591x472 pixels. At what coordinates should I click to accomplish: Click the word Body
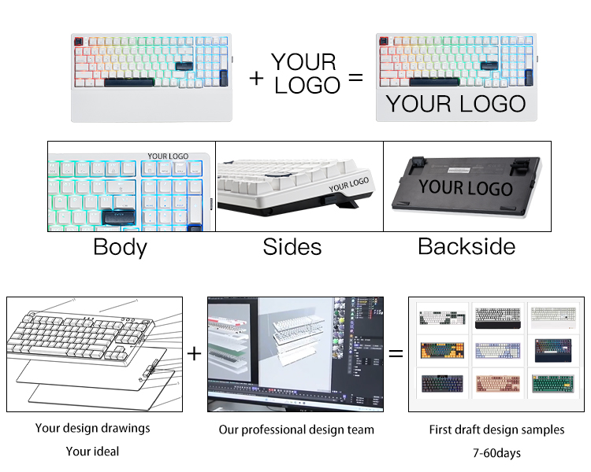pyautogui.click(x=120, y=247)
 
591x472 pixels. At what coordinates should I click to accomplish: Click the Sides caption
pyautogui.click(x=292, y=247)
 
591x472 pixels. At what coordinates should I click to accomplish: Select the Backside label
pyautogui.click(x=466, y=247)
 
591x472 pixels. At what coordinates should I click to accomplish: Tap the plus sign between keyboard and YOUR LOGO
pyautogui.click(x=257, y=78)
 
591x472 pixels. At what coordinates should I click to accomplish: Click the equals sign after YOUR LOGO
pyautogui.click(x=356, y=78)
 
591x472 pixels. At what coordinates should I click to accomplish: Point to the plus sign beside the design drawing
pyautogui.click(x=195, y=354)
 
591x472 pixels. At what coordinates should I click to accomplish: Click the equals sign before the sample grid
pyautogui.click(x=396, y=354)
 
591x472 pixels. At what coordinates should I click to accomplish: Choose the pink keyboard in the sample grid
pyautogui.click(x=497, y=385)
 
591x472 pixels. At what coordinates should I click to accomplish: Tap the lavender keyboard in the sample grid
pyautogui.click(x=497, y=351)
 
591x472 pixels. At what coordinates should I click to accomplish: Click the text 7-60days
pyautogui.click(x=496, y=452)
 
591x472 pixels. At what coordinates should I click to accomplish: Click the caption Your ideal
pyautogui.click(x=92, y=452)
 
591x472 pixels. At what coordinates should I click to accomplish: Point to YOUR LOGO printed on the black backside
pyautogui.click(x=466, y=188)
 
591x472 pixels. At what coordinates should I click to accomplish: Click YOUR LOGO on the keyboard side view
pyautogui.click(x=348, y=185)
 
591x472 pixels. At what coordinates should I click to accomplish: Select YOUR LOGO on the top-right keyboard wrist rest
pyautogui.click(x=455, y=104)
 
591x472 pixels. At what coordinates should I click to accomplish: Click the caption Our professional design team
pyautogui.click(x=296, y=430)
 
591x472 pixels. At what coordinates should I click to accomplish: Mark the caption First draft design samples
pyautogui.click(x=496, y=430)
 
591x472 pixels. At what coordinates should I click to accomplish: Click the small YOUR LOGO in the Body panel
pyautogui.click(x=168, y=156)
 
